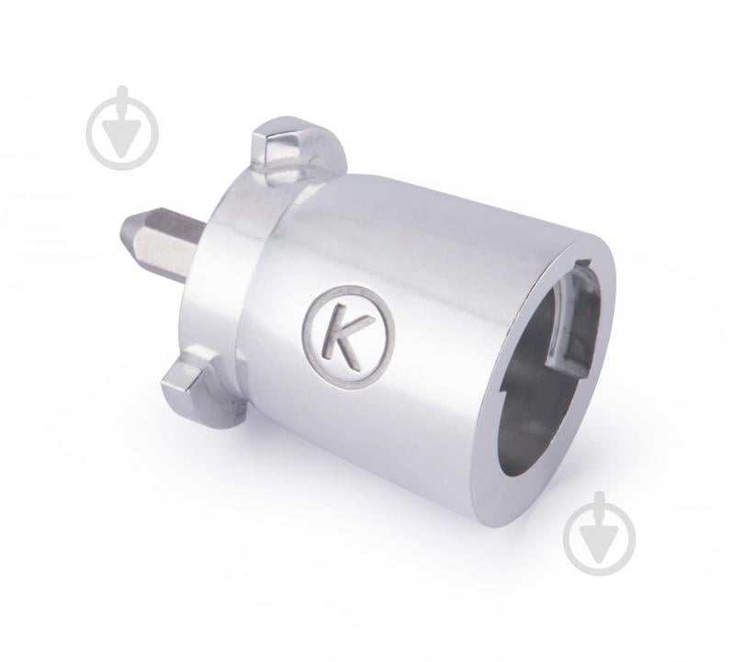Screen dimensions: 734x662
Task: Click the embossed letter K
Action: pyautogui.click(x=344, y=336)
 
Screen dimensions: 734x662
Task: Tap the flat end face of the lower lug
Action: pyautogui.click(x=176, y=385)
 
